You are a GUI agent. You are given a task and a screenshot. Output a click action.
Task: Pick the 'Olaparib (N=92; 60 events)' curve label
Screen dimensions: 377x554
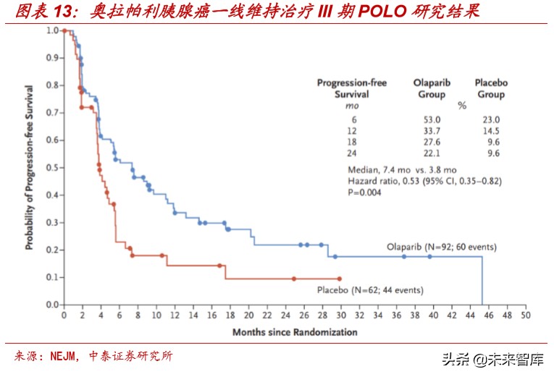click(442, 247)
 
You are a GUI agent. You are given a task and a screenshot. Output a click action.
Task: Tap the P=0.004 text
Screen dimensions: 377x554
click(364, 192)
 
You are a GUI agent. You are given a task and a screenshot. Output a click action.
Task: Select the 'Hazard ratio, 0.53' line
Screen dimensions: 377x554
click(424, 181)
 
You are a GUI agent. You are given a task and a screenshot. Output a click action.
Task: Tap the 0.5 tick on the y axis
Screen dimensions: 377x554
click(53, 168)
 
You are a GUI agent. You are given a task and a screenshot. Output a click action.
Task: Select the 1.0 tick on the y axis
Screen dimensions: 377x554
click(53, 31)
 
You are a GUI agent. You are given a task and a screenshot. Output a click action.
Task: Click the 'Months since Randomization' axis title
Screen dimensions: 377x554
click(295, 332)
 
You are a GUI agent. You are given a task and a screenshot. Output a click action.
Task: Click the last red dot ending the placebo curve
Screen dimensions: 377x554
click(339, 279)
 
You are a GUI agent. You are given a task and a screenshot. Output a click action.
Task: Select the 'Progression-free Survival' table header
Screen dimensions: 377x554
click(352, 88)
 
